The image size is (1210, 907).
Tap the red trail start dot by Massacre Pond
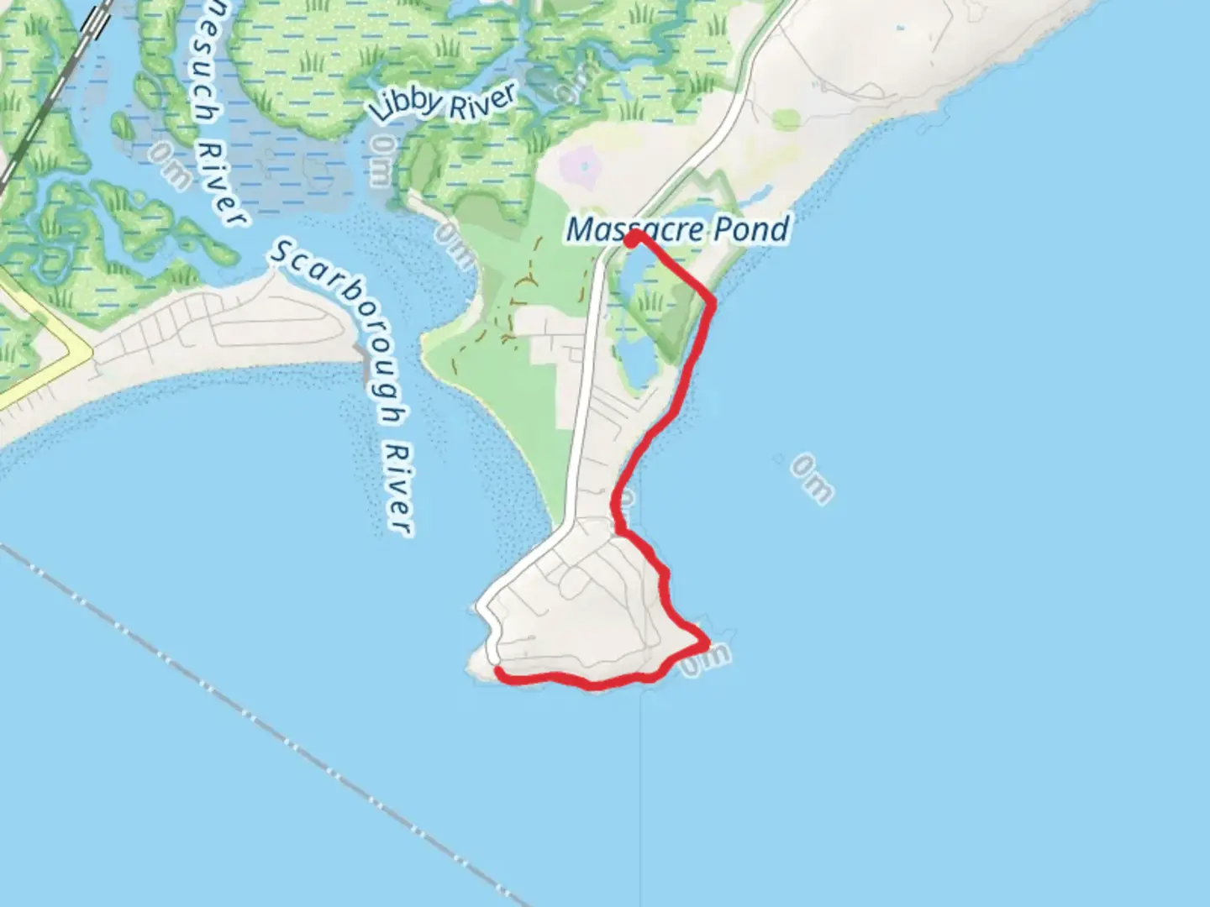[632, 239]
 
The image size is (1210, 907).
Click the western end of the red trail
[500, 672]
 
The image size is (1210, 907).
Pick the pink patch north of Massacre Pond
[583, 165]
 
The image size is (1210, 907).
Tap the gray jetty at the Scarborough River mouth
[363, 356]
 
